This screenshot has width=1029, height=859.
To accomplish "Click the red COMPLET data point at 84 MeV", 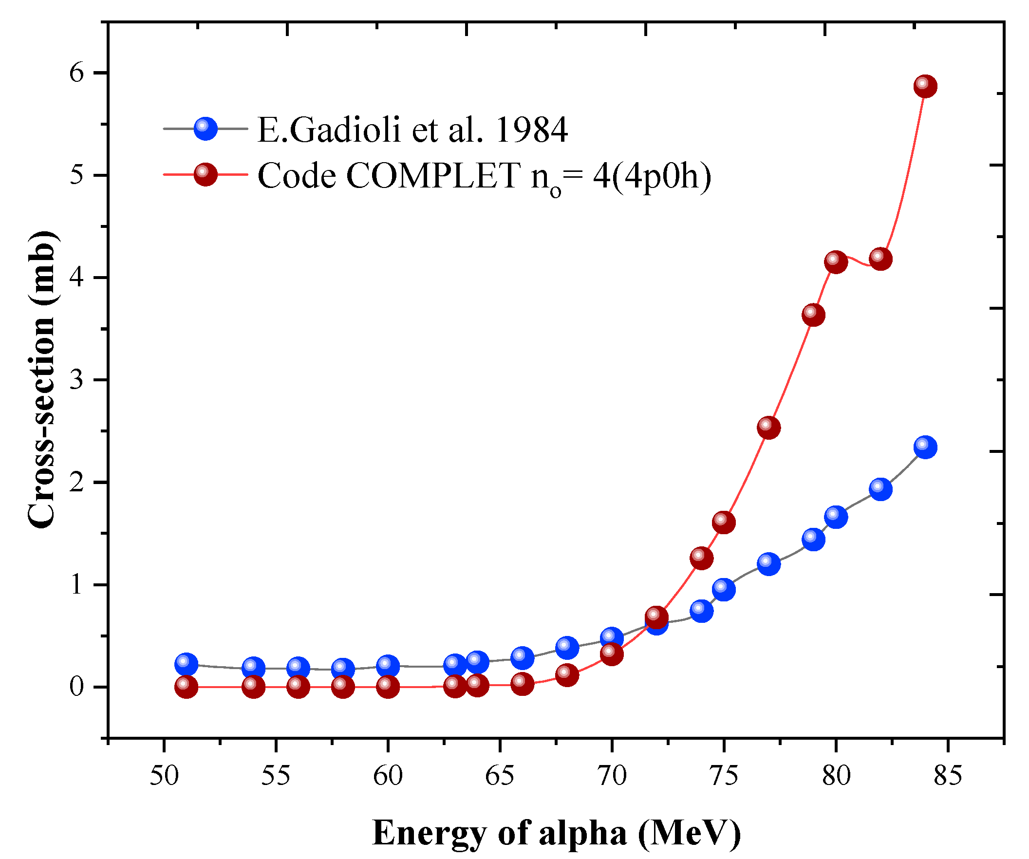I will (925, 86).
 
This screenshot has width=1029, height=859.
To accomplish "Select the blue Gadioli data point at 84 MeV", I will (925, 447).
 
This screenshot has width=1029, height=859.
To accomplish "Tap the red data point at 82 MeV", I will (880, 259).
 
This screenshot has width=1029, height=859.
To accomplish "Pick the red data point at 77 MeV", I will (768, 427).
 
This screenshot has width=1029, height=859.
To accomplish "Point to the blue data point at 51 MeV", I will (186, 664).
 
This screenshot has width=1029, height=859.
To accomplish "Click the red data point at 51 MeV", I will (186, 687).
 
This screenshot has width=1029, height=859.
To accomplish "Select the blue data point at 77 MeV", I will (768, 563).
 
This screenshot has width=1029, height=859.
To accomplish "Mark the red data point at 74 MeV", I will (701, 558).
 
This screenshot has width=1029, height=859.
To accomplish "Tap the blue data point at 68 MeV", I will (567, 648).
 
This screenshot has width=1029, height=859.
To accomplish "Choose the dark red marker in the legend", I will (206, 174).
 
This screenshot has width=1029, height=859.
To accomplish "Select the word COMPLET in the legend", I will (433, 175).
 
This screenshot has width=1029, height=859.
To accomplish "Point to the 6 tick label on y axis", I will (77, 73).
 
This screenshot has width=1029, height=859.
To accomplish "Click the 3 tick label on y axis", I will (77, 380).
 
